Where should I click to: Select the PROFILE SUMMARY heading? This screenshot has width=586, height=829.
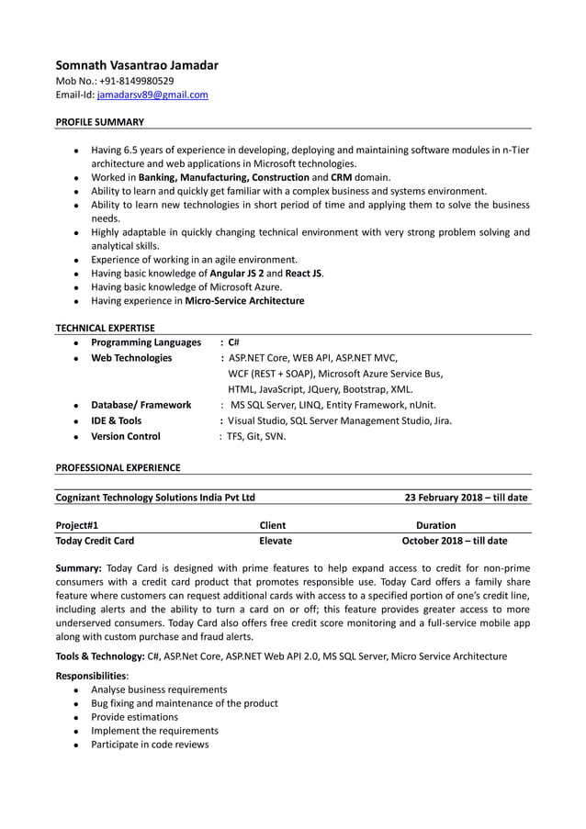pyautogui.click(x=99, y=121)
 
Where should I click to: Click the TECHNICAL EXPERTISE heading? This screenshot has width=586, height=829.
pyautogui.click(x=105, y=327)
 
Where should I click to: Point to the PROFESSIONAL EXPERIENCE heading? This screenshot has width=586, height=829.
pyautogui.click(x=118, y=467)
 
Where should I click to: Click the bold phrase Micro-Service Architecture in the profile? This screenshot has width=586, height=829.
pyautogui.click(x=244, y=300)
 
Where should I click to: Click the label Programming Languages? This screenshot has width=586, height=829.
pyautogui.click(x=146, y=342)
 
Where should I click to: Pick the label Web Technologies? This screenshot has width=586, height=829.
pyautogui.click(x=131, y=358)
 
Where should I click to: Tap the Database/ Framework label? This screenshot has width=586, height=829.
pyautogui.click(x=141, y=405)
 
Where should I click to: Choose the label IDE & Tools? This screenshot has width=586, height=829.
pyautogui.click(x=117, y=420)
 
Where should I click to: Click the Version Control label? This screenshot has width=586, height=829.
pyautogui.click(x=126, y=436)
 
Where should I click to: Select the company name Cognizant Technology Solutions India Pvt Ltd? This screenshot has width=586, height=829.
pyautogui.click(x=156, y=498)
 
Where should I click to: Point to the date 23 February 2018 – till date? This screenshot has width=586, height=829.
pyautogui.click(x=466, y=498)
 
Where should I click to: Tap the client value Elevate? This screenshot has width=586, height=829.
pyautogui.click(x=276, y=541)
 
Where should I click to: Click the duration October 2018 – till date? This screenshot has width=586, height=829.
pyautogui.click(x=455, y=541)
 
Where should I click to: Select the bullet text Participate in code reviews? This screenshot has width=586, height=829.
pyautogui.click(x=150, y=744)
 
